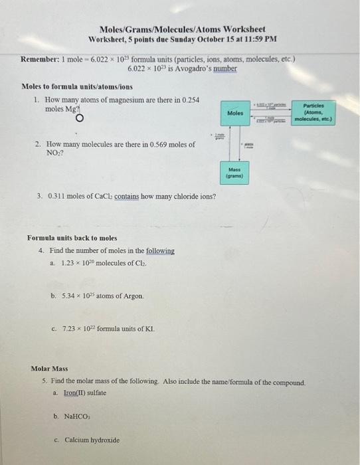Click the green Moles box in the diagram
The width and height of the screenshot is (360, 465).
[x=236, y=114]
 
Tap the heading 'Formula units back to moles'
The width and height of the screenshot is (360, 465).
[x=72, y=238]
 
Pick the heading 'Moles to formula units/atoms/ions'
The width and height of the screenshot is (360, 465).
[x=77, y=87]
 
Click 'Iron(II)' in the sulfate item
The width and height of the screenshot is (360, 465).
[x=78, y=393]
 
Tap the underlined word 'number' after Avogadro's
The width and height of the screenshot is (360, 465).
[x=223, y=68]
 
